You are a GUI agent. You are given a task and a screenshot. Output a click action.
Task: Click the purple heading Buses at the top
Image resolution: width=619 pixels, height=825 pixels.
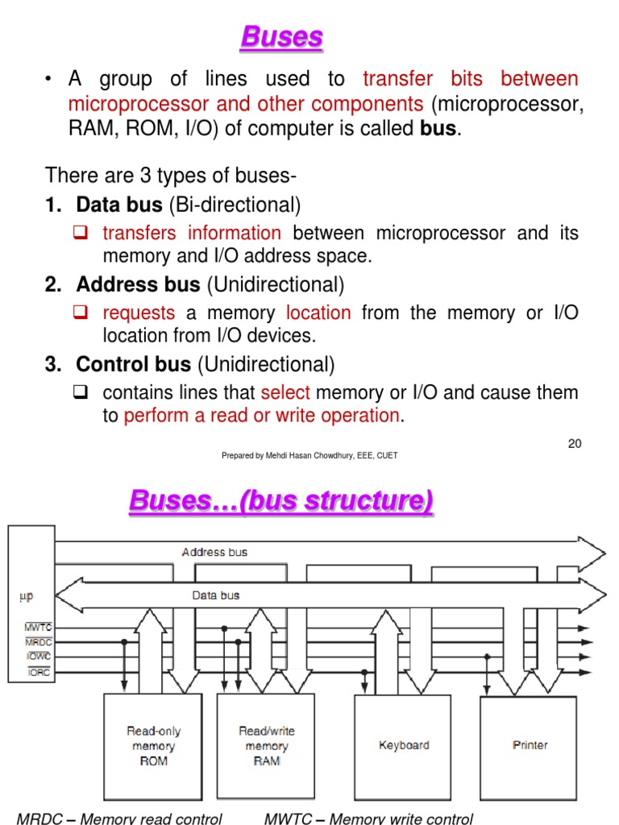(281, 37)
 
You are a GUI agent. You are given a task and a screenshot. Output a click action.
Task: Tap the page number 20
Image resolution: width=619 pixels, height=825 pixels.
(574, 443)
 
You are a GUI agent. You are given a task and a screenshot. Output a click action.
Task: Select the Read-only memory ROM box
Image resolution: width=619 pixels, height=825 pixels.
(154, 745)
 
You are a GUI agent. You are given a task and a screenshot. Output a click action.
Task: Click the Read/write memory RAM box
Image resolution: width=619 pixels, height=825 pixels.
(267, 745)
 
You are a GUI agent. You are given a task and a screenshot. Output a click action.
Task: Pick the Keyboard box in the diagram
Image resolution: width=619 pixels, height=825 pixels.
(404, 745)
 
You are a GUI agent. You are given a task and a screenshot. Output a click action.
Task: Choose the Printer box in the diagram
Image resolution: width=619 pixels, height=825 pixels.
(529, 745)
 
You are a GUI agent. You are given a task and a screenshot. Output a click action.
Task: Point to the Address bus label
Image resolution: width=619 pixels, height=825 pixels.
(214, 553)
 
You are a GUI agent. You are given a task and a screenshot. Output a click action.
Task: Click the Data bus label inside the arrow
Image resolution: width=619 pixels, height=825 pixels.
(215, 595)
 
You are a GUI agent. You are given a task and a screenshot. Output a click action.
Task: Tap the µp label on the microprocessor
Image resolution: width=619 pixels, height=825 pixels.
(26, 597)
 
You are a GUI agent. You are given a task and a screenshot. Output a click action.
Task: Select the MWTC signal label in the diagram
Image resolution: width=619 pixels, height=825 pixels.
(38, 627)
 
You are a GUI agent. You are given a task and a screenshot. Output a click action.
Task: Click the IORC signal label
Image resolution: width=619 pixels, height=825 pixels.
(39, 672)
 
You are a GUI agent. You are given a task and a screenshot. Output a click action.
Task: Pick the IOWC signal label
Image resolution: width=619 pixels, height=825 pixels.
(38, 657)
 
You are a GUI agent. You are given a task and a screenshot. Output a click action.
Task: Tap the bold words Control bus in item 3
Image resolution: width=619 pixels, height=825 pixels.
(133, 365)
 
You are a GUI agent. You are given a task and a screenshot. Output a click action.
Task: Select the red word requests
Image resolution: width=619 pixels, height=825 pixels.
(139, 313)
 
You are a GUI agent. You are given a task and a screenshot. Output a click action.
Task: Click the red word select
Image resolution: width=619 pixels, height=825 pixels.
(285, 393)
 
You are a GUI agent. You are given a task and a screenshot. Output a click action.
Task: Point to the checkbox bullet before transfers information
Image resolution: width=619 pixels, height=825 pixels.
(81, 234)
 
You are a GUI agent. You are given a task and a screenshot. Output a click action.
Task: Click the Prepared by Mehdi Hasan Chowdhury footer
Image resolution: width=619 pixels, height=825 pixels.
(309, 455)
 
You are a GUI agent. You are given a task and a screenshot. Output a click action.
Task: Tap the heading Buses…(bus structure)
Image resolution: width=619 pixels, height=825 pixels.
(280, 501)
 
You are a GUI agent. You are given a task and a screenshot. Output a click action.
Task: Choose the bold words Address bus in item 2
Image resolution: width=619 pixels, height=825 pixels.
(138, 284)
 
